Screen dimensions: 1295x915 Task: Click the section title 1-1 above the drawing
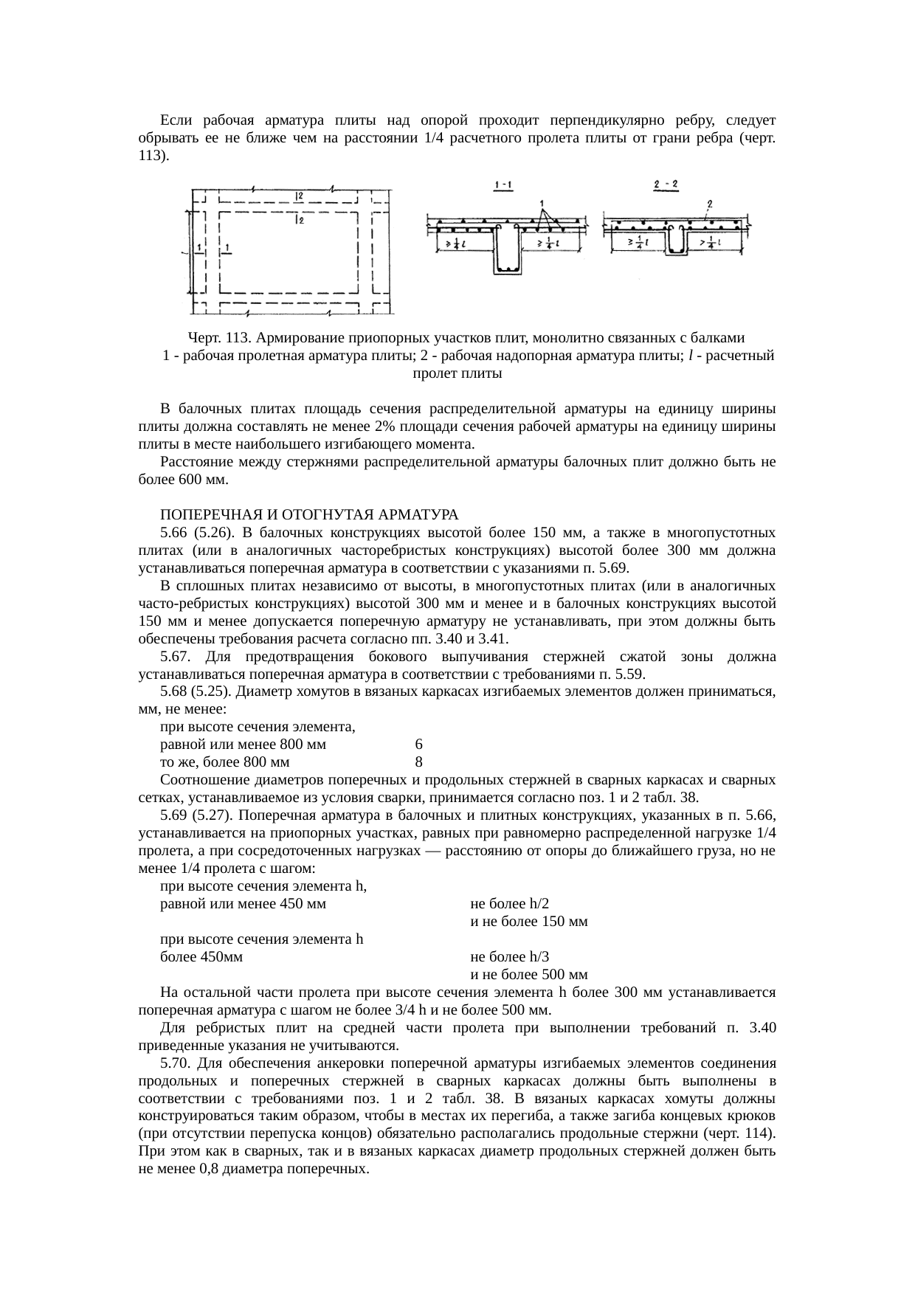pos(505,187)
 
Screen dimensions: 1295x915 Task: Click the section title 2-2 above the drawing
pos(666,187)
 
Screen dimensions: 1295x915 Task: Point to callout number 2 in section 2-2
pos(709,203)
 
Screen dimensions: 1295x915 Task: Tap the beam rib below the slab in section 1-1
pos(507,255)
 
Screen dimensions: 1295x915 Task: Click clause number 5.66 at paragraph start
pos(173,532)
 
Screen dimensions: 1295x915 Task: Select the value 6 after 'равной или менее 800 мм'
pos(418,745)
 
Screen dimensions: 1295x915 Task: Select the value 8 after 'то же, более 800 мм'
pos(418,762)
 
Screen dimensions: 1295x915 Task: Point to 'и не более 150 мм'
pos(528,922)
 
